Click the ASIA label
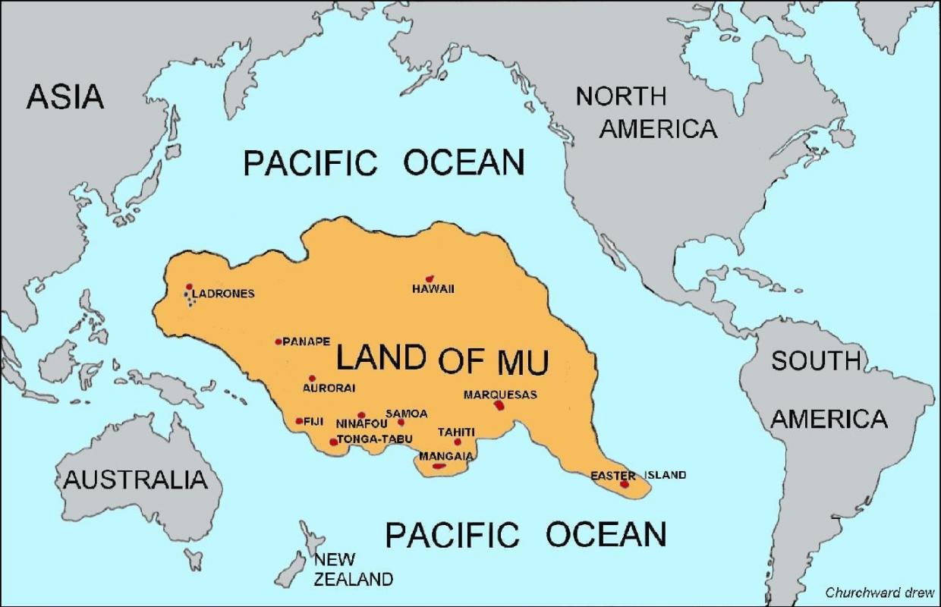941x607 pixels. pyautogui.click(x=65, y=97)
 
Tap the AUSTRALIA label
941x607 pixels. pyautogui.click(x=135, y=480)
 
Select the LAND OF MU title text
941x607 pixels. pyautogui.click(x=442, y=359)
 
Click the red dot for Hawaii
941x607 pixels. pyautogui.click(x=430, y=279)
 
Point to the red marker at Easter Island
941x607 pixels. pyautogui.click(x=625, y=484)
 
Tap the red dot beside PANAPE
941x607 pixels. pyautogui.click(x=279, y=341)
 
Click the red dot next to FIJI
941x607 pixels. pyautogui.click(x=299, y=421)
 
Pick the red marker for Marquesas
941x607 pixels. pyautogui.click(x=499, y=405)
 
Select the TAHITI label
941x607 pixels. pyautogui.click(x=456, y=432)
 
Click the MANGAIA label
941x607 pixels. pyautogui.click(x=446, y=457)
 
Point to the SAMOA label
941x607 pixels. pyautogui.click(x=407, y=414)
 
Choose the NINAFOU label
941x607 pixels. pyautogui.click(x=361, y=424)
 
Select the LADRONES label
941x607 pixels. pyautogui.click(x=223, y=294)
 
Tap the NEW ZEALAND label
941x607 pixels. pyautogui.click(x=353, y=570)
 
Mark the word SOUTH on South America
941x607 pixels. pyautogui.click(x=816, y=361)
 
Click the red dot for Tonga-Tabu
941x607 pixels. pyautogui.click(x=333, y=442)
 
